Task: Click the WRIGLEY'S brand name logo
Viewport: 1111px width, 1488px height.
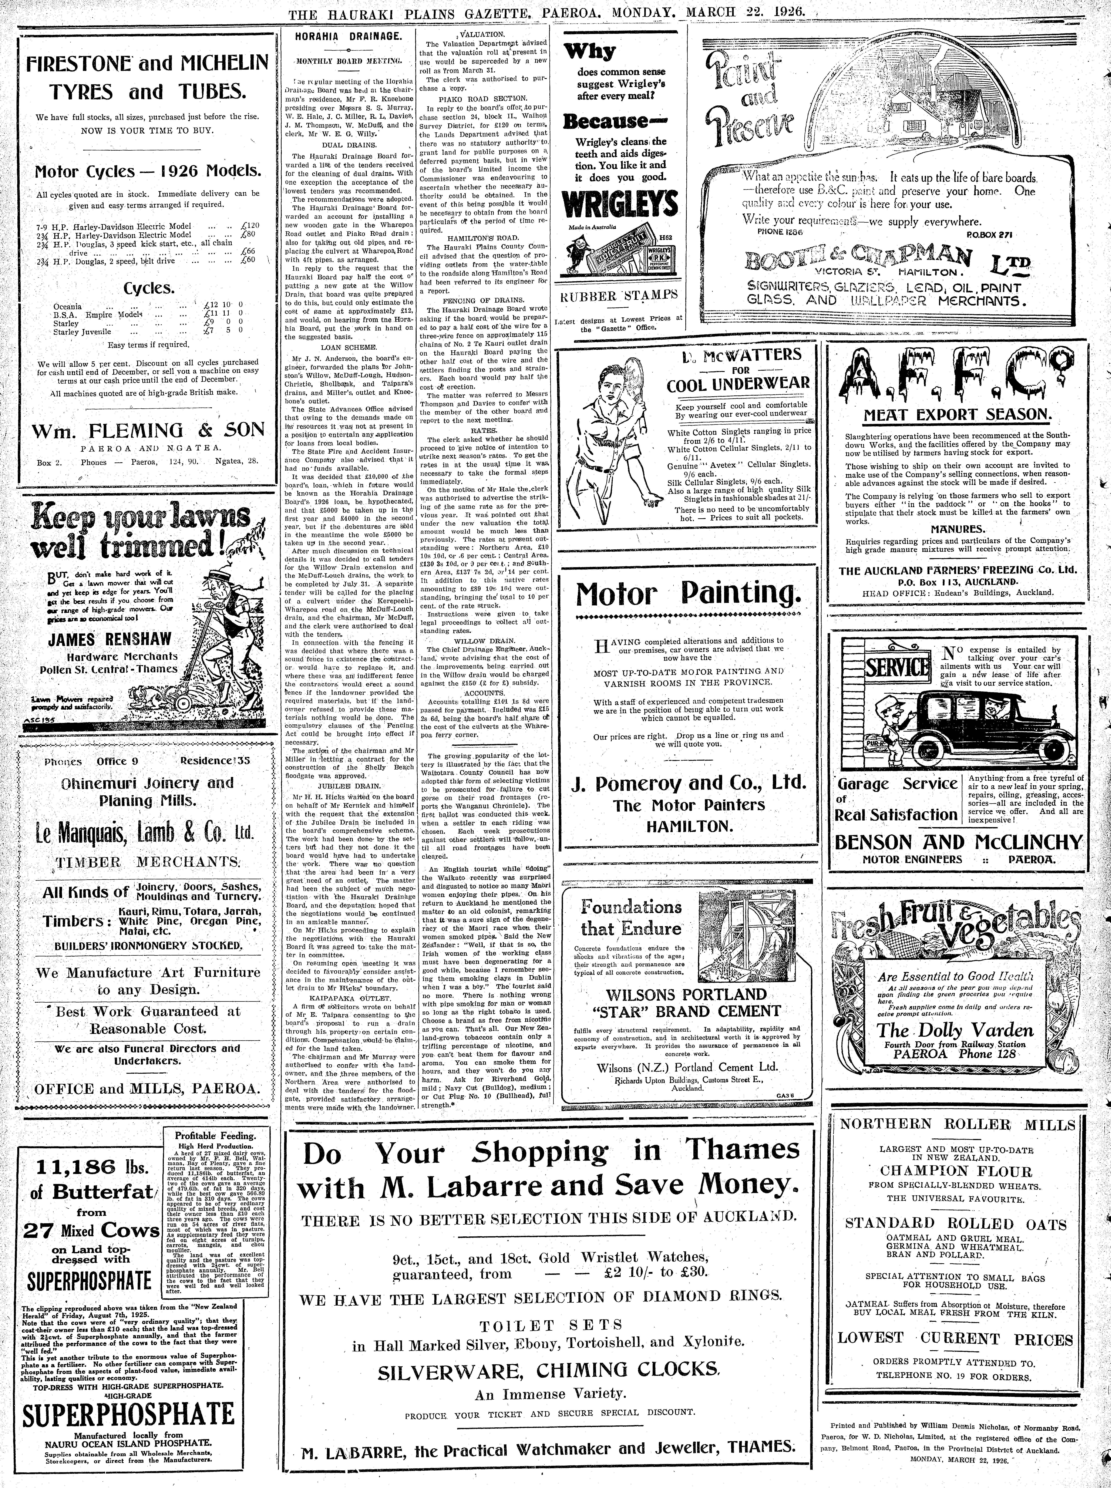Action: coord(619,203)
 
